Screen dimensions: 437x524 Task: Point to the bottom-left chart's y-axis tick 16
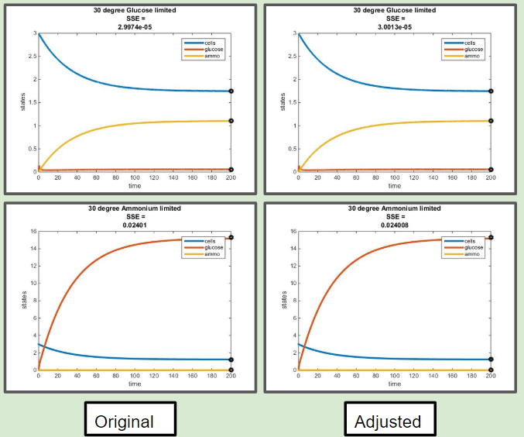pyautogui.click(x=32, y=232)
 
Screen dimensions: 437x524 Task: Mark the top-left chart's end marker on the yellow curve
pyautogui.click(x=231, y=121)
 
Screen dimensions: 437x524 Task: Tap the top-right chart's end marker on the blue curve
pyautogui.click(x=491, y=91)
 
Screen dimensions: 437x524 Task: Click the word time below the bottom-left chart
pyautogui.click(x=135, y=383)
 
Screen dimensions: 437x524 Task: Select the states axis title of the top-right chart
pyautogui.click(x=283, y=102)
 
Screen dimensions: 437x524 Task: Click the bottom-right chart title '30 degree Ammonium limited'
pyautogui.click(x=395, y=208)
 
